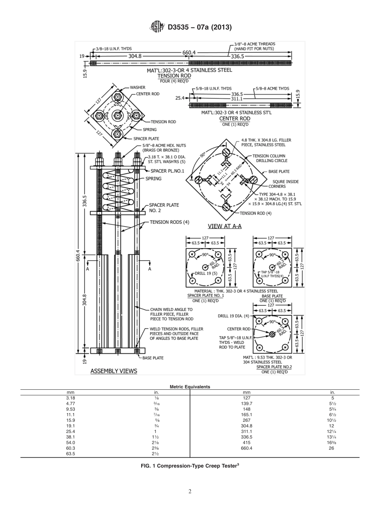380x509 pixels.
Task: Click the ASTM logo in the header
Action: point(157,27)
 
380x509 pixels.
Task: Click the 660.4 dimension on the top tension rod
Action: point(189,52)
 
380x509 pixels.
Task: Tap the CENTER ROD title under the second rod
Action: point(235,118)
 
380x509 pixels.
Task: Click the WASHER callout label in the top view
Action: point(137,87)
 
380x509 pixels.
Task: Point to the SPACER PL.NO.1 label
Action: point(167,171)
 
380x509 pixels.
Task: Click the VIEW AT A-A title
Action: point(224,226)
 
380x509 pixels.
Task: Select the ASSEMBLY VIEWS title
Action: point(114,371)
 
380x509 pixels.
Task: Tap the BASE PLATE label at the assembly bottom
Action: point(153,358)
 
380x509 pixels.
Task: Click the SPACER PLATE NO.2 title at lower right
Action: point(274,367)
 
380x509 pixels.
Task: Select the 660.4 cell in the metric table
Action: point(246,448)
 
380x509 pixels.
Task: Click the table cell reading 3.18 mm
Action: point(70,398)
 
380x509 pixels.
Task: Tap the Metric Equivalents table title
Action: point(190,387)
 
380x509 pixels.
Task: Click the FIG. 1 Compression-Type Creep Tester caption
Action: point(190,465)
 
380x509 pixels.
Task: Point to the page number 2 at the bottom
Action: point(190,492)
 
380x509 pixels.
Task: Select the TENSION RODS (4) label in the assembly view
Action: point(169,222)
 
